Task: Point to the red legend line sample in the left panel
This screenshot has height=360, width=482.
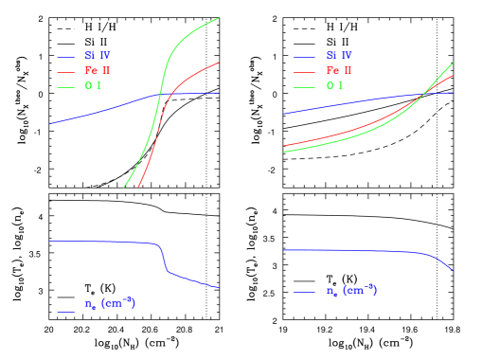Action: tap(66, 72)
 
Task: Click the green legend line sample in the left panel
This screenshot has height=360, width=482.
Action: tap(66, 87)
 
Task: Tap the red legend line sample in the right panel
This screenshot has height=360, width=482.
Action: tap(304, 72)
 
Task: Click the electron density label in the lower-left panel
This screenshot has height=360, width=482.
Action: tap(110, 304)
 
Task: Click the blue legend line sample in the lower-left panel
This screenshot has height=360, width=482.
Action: tap(66, 310)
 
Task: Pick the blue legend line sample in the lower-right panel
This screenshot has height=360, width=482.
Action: tap(304, 292)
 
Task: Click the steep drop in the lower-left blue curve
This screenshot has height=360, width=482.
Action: tap(164, 260)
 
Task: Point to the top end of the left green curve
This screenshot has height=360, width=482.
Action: tap(220, 18)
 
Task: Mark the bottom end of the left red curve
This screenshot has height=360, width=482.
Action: tap(139, 187)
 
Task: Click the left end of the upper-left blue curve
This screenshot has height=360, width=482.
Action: tap(50, 123)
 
